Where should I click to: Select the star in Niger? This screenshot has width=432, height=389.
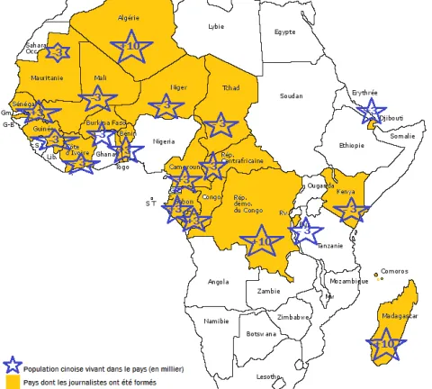pyautogui.click(x=166, y=106)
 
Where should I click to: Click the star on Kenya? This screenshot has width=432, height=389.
pyautogui.click(x=350, y=212)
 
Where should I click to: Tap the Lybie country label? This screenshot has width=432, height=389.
pyautogui.click(x=216, y=27)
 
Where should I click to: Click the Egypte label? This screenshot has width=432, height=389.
pyautogui.click(x=284, y=32)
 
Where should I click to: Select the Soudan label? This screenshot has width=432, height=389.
pyautogui.click(x=292, y=95)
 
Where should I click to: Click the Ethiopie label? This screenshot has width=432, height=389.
pyautogui.click(x=352, y=145)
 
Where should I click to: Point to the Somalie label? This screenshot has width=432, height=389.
pyautogui.click(x=403, y=136)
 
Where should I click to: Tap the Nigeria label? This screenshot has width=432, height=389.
pyautogui.click(x=164, y=141)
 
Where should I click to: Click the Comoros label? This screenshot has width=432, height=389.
pyautogui.click(x=394, y=271)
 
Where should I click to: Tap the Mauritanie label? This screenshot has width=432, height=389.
pyautogui.click(x=47, y=78)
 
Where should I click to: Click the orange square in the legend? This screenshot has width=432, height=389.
pyautogui.click(x=11, y=382)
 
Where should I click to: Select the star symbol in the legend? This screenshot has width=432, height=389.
pyautogui.click(x=12, y=365)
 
